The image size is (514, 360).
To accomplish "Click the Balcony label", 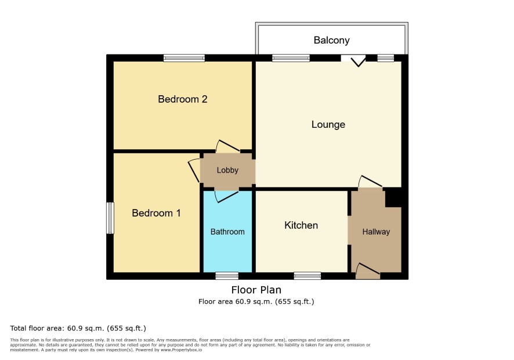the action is pos(331,41).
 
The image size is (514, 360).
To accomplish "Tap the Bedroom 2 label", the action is pos(183,99).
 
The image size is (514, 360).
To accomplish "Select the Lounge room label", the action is pos(328,125).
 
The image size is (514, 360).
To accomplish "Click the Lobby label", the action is pos(227,170).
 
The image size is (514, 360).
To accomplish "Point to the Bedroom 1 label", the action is pos(156,213).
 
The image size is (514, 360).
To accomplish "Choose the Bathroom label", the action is pos(227,232).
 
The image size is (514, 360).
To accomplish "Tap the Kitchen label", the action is pos(301,225).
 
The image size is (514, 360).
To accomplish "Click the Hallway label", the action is pos(376,232).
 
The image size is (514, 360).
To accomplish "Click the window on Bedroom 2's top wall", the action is pos(184,59).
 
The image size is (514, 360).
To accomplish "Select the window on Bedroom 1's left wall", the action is pos(110,218).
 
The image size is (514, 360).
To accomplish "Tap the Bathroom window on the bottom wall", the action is pos(227,276).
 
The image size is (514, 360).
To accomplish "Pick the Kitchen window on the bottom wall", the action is pos(307,276).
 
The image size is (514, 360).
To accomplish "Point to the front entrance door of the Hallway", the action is pos(368,271).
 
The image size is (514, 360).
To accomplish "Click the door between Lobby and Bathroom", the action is pos(227,196).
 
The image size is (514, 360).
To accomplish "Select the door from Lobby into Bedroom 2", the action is pos(229,146).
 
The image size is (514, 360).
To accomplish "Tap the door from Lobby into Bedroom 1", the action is pos(194,171).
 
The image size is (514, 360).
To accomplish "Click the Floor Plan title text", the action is pos(256,290).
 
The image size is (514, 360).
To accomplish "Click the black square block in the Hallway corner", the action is pos(393,197).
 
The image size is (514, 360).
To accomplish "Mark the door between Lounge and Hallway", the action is pos(371,182).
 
